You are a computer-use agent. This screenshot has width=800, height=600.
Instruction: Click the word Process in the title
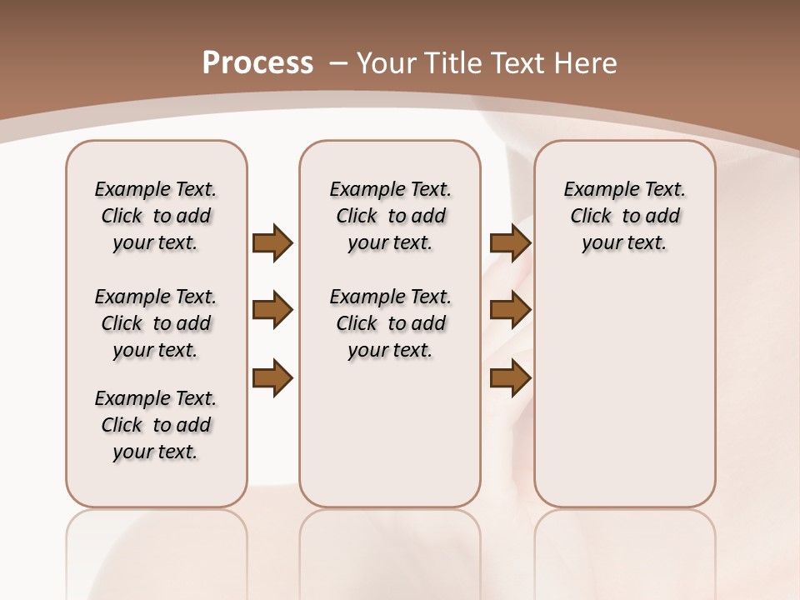coord(257,63)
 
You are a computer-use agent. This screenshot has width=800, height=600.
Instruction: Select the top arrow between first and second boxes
coord(272,242)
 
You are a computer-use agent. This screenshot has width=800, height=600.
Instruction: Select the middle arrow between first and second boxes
coord(272,310)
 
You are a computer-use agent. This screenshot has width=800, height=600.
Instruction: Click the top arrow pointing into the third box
coord(510,242)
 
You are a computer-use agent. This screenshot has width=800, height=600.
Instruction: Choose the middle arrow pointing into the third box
coord(510,310)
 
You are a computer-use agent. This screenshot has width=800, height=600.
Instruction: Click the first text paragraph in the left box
coord(156,216)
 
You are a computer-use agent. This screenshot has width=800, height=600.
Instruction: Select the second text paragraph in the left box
coord(156,323)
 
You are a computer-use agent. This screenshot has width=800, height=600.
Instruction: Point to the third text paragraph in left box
coord(156,425)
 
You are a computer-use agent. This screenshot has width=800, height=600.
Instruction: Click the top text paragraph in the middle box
coord(390,216)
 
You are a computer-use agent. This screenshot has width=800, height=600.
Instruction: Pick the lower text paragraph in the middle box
coord(390,323)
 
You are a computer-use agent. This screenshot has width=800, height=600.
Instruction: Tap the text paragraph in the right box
coord(624,216)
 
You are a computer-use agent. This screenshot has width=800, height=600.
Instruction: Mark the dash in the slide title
coord(338,63)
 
